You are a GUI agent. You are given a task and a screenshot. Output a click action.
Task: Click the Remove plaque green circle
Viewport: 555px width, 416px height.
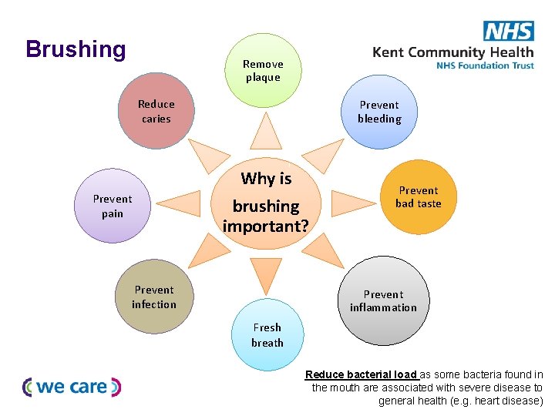263,70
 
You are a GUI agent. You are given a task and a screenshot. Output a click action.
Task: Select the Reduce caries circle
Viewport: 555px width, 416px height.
156,111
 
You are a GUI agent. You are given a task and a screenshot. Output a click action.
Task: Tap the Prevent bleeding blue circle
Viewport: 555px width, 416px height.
378,112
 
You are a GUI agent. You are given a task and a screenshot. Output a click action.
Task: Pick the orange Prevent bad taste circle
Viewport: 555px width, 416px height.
418,196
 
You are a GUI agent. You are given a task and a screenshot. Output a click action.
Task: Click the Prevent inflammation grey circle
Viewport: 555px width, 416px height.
382,301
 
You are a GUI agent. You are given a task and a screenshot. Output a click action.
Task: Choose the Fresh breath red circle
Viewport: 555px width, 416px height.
267,335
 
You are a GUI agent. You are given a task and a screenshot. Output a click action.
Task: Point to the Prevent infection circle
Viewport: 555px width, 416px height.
154,297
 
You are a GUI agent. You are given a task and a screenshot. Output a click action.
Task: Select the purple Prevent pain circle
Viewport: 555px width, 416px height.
113,206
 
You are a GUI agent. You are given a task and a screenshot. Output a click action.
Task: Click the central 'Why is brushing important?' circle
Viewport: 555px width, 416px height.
265,203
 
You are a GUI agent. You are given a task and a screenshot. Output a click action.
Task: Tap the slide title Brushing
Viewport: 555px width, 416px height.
76,49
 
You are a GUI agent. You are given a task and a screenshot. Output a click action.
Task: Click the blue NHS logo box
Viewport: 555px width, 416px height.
508,31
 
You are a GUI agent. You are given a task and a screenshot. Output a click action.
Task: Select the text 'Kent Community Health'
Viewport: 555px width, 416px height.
452,52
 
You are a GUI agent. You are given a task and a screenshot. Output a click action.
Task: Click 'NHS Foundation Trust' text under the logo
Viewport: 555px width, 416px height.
484,66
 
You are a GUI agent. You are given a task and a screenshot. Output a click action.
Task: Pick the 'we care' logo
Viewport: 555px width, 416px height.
72,387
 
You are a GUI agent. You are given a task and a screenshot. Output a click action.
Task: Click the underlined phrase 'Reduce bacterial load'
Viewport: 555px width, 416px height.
361,375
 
